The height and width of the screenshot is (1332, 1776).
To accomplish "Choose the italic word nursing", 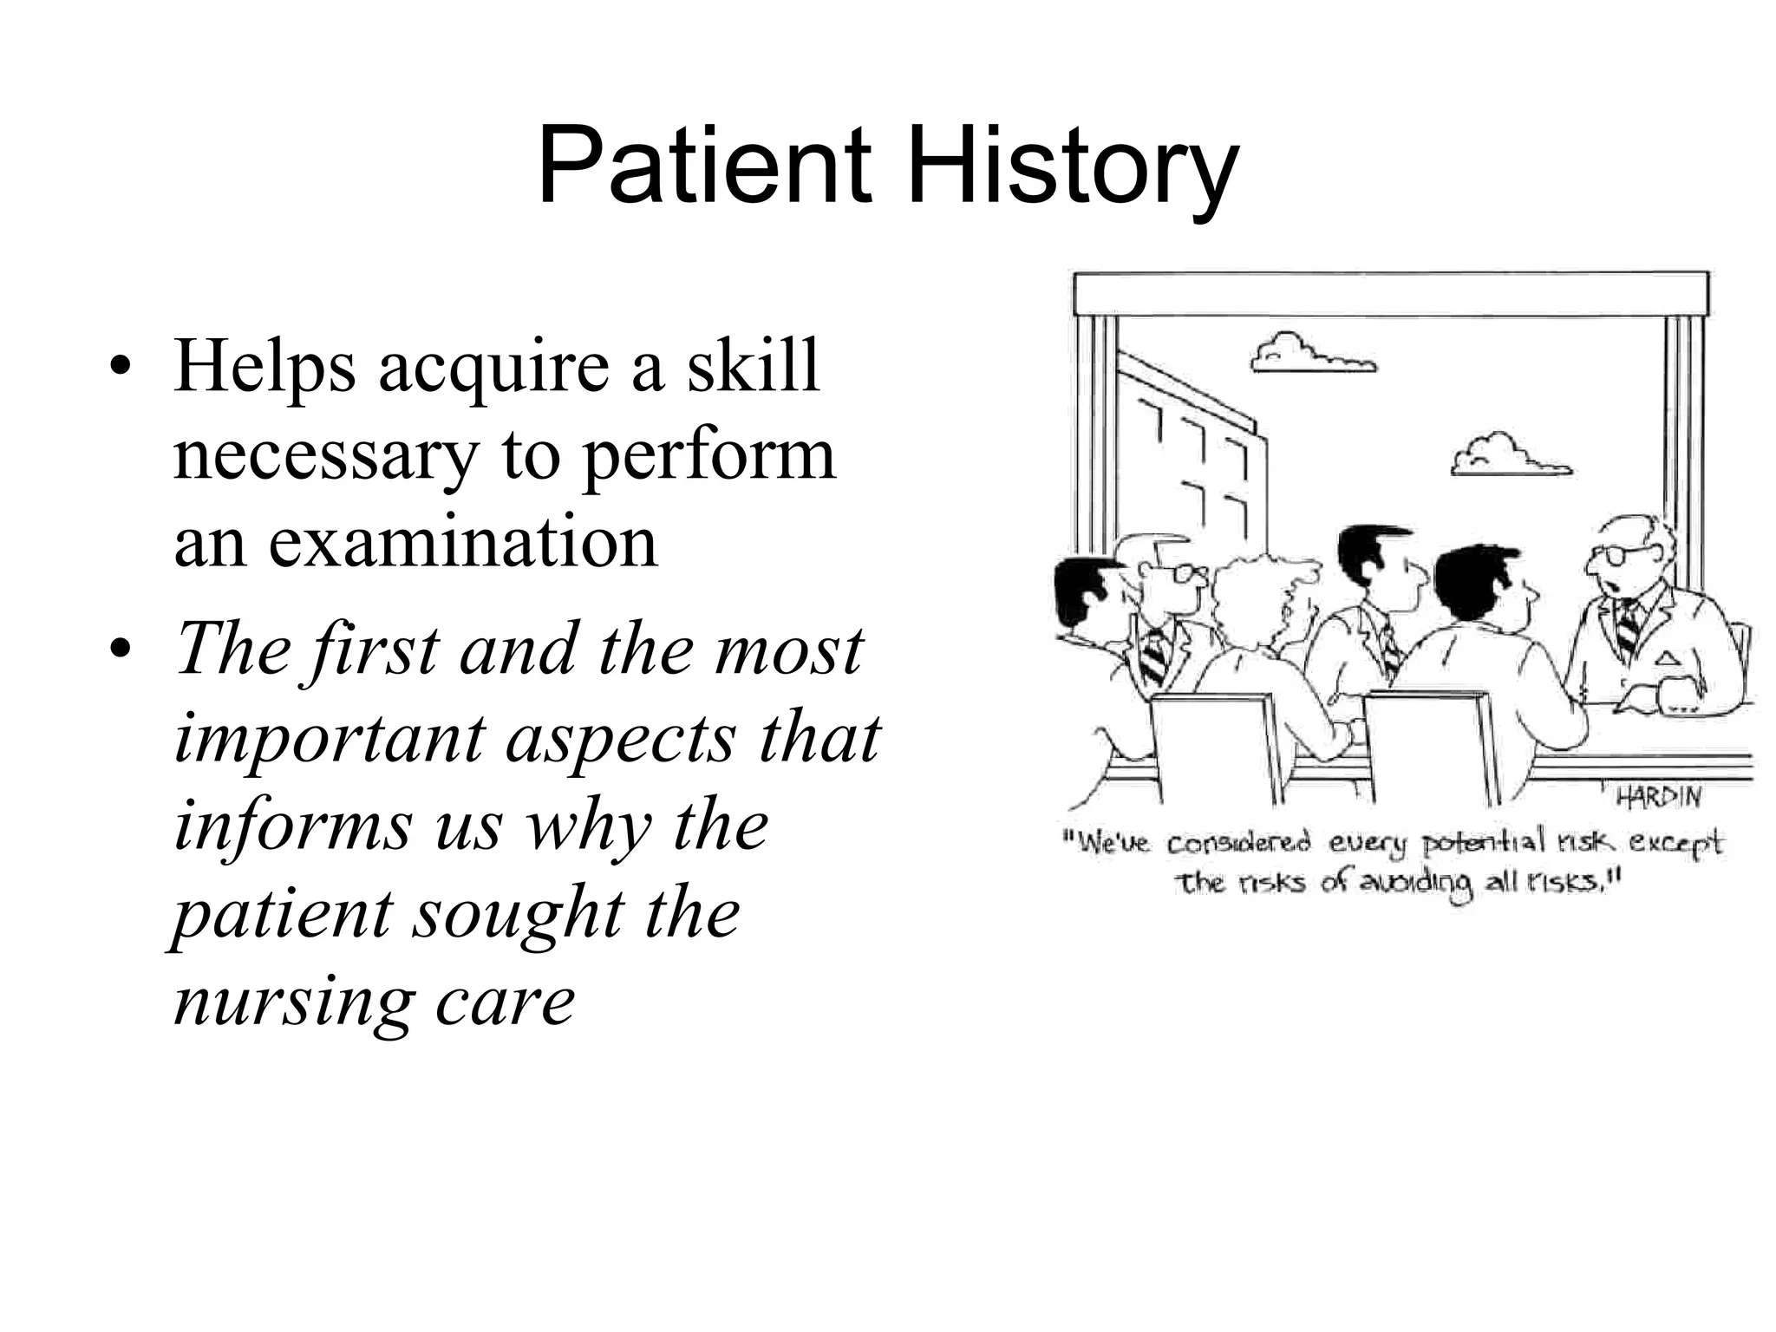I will click(x=291, y=1002).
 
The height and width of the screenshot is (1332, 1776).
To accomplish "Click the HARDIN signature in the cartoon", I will click(x=1658, y=796).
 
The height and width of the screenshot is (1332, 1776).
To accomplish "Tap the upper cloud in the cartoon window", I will click(x=1311, y=356).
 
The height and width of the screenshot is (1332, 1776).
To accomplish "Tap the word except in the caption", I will click(x=1677, y=843).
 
